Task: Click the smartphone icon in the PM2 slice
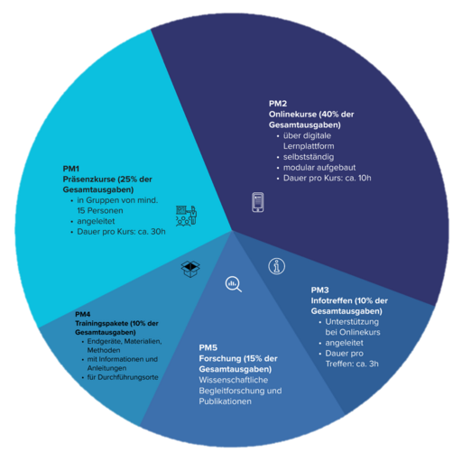tap(258, 202)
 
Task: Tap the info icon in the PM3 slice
tap(276, 266)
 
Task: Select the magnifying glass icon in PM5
tap(234, 284)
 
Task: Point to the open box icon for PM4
tap(190, 269)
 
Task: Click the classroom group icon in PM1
tap(187, 216)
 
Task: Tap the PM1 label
tap(70, 169)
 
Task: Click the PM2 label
tap(278, 104)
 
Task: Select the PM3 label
tap(319, 290)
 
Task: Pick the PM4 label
tap(83, 314)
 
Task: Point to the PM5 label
tap(208, 348)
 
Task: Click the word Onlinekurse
tap(292, 115)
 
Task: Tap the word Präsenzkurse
tap(89, 180)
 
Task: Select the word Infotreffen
tap(331, 300)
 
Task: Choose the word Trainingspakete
tap(102, 324)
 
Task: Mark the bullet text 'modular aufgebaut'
tap(319, 168)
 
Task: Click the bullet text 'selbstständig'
tap(309, 157)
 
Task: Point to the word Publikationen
tap(225, 401)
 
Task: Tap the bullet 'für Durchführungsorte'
tap(123, 377)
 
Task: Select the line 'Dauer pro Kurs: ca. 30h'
tap(121, 232)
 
